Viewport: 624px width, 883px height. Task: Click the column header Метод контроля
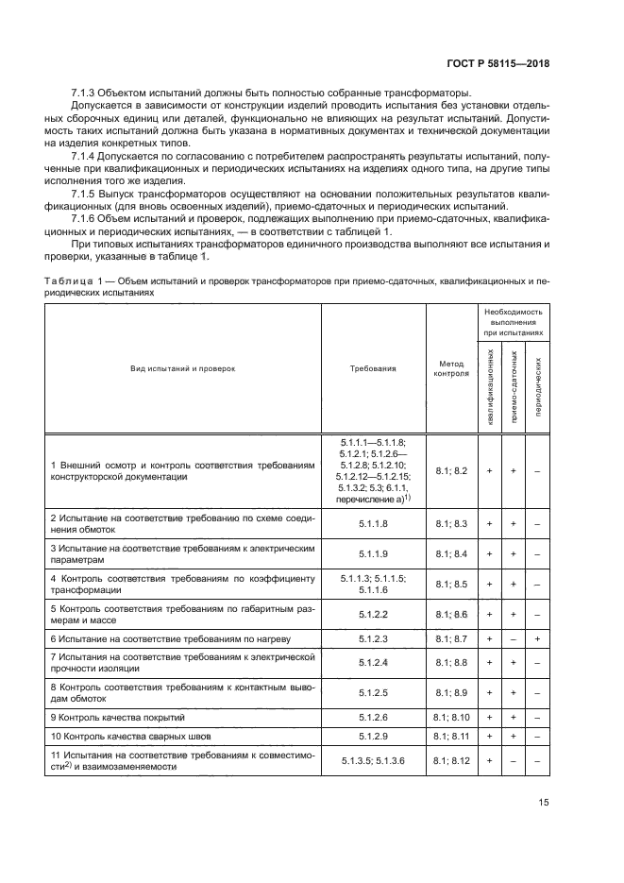coord(451,368)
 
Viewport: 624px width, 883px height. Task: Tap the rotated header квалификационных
coord(490,386)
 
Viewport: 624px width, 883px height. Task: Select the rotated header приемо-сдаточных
coord(514,386)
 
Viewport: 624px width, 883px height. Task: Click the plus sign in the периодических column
coord(537,639)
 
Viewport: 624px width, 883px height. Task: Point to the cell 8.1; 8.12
coord(451,760)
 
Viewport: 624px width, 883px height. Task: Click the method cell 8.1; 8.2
coord(451,469)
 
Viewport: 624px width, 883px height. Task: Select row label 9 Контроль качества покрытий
coord(106,717)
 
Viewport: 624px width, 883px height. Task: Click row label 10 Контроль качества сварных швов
coord(117,735)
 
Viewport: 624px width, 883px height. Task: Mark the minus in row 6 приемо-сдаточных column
coord(514,639)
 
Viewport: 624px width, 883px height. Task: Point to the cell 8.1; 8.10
coord(451,717)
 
